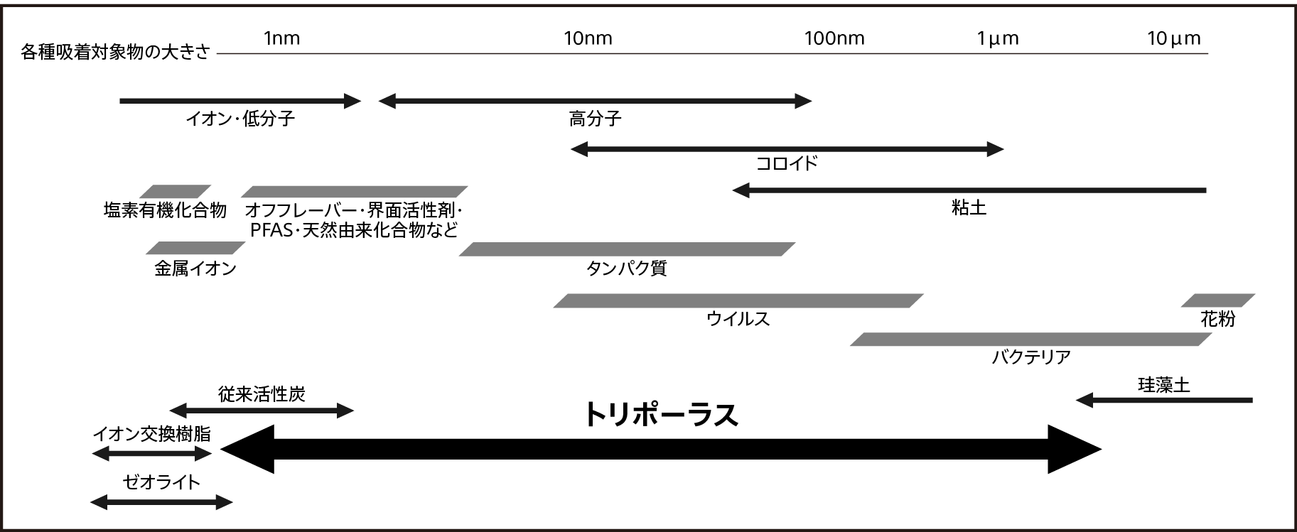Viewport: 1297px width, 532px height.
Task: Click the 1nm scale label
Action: [281, 38]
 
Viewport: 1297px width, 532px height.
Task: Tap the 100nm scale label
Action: [834, 38]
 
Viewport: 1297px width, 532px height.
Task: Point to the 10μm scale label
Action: [1173, 38]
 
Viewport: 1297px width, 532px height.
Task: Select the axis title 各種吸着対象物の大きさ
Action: [116, 53]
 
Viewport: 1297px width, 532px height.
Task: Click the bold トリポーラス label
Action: [660, 415]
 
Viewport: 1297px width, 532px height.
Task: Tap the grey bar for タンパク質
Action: [627, 249]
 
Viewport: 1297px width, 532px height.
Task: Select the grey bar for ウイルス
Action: [738, 300]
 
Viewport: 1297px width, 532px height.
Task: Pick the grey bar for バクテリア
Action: [1030, 340]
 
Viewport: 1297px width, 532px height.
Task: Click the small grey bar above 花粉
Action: [1218, 300]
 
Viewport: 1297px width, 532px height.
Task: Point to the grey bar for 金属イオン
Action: [195, 248]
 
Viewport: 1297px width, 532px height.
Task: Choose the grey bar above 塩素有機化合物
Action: [175, 192]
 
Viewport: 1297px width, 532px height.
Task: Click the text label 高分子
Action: [595, 119]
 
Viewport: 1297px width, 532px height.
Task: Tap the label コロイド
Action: [786, 164]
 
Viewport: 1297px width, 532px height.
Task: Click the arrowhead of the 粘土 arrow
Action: [741, 190]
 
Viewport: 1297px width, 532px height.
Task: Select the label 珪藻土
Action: [1163, 386]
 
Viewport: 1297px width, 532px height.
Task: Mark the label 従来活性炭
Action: [262, 394]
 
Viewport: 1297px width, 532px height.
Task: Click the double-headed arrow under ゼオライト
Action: [161, 503]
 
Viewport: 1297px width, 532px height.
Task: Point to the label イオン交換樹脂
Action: [151, 434]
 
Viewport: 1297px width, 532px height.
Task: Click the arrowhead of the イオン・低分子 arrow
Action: [353, 101]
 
